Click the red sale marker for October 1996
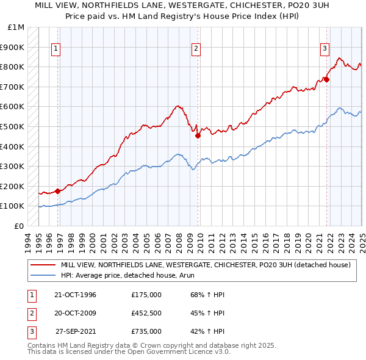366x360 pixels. coord(58,191)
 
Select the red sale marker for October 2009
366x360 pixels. coord(198,136)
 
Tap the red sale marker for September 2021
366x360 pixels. coord(327,79)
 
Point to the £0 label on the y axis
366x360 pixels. coord(19,226)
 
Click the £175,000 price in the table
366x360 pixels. coord(146,295)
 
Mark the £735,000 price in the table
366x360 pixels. coord(146,332)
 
